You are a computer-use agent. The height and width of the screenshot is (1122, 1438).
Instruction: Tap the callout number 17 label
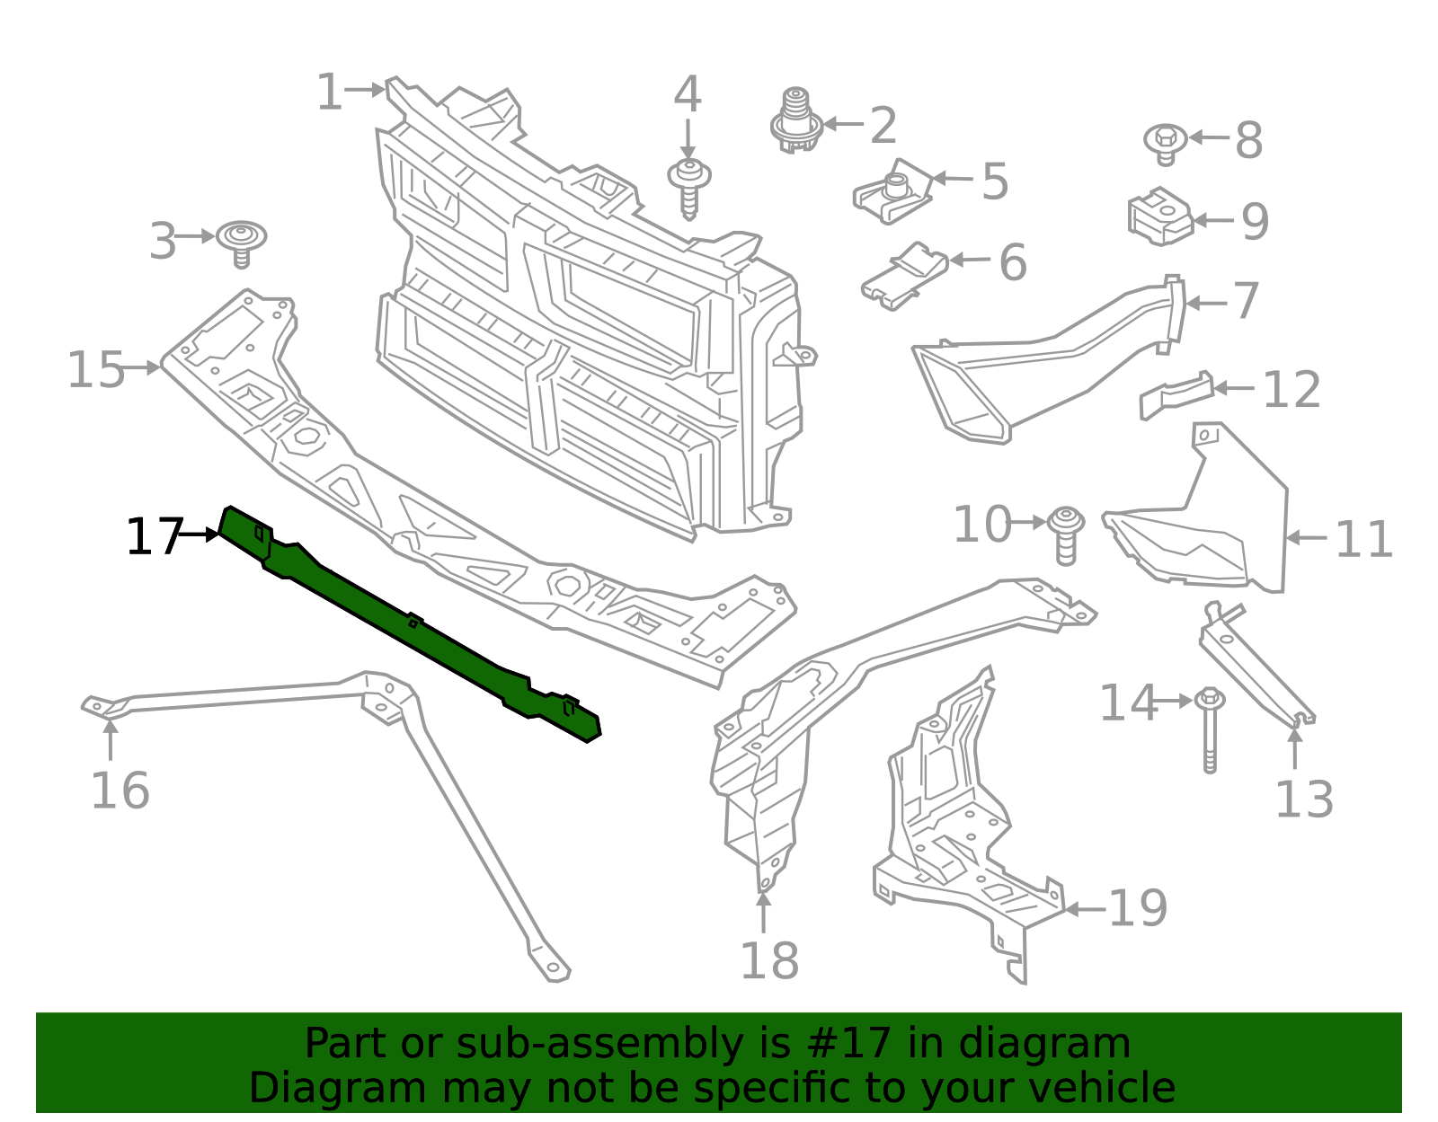click(x=154, y=536)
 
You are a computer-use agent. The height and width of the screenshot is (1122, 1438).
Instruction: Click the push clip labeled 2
click(x=795, y=120)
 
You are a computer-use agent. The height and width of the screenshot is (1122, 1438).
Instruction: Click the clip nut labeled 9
click(x=1159, y=216)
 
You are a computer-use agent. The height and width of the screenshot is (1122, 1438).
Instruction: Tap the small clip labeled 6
click(x=904, y=273)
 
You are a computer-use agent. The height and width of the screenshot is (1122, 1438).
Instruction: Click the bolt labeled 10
click(x=1065, y=534)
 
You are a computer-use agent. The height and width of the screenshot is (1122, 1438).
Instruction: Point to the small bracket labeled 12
click(x=1176, y=395)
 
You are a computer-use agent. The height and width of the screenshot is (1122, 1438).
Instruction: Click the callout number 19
click(x=1138, y=908)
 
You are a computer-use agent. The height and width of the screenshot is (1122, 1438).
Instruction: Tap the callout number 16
click(x=120, y=791)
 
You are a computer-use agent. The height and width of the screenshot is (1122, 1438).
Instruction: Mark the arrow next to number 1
click(x=365, y=90)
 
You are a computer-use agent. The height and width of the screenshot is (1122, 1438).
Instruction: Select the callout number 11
click(x=1363, y=539)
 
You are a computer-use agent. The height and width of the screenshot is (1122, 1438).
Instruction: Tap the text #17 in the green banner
click(x=848, y=1043)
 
